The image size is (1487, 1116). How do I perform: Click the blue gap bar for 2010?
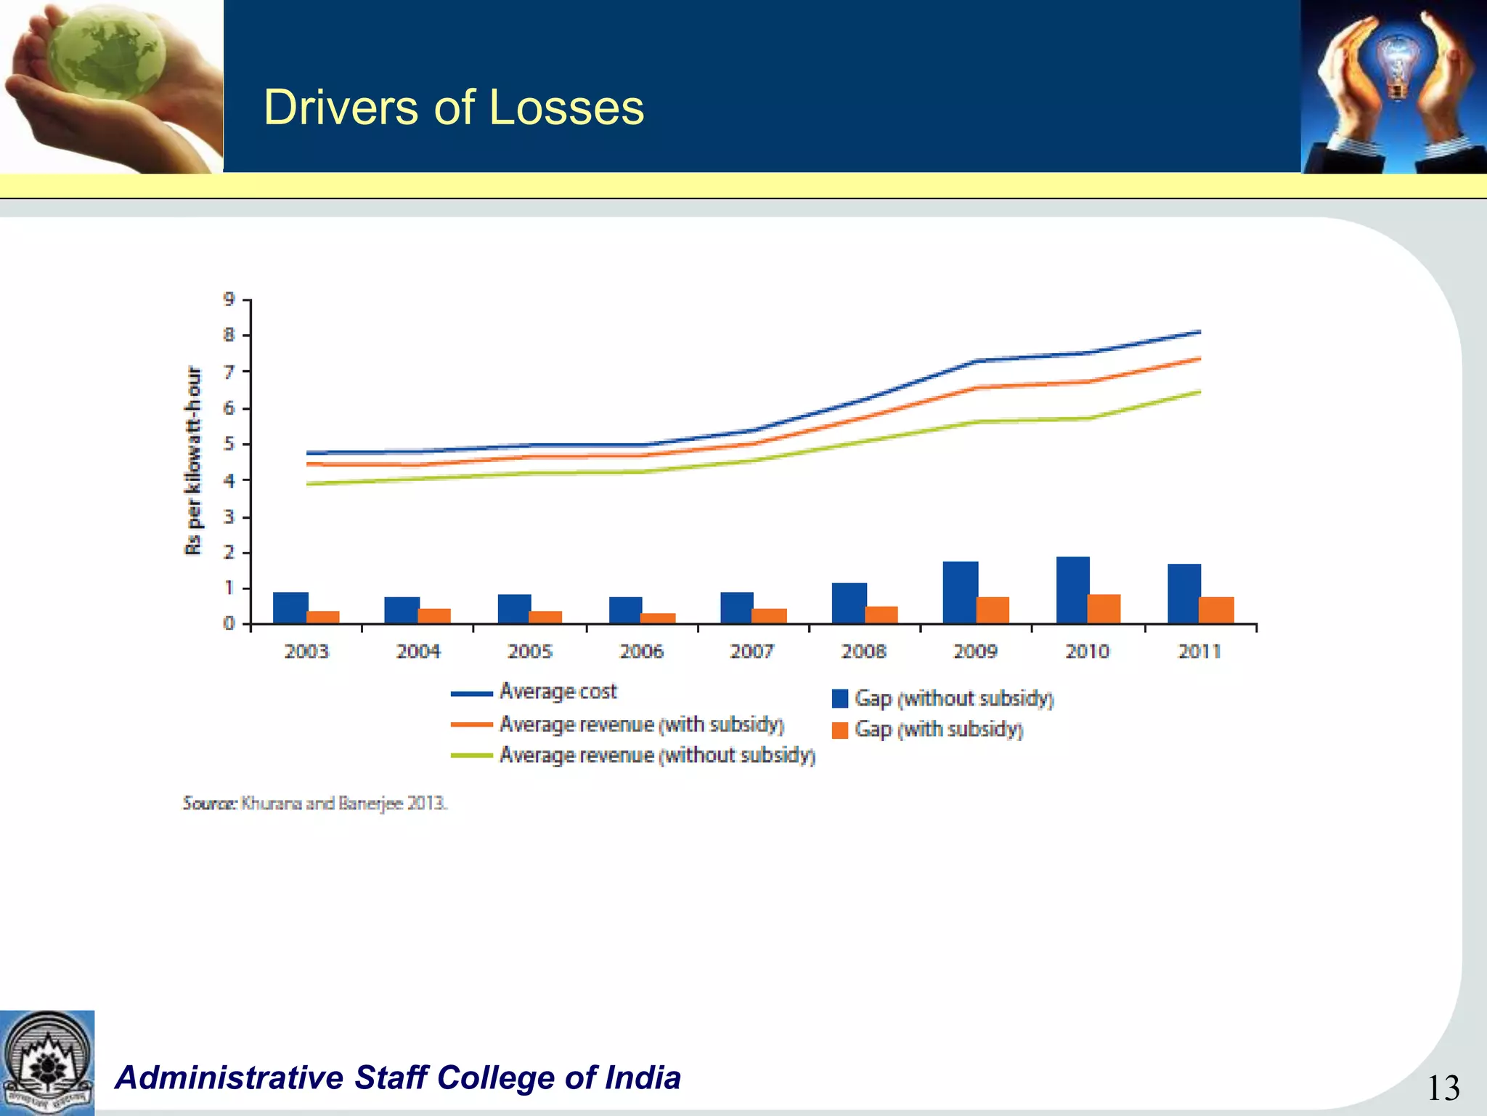pos(1072,590)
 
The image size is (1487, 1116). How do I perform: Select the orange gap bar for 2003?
pos(323,617)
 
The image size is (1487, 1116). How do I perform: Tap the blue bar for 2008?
pos(849,603)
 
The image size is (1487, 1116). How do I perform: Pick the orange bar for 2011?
pos(1216,610)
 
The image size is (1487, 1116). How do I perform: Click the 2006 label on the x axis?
pos(641,651)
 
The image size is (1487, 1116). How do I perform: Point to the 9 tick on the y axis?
pos(229,299)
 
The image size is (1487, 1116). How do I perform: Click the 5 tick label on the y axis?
pos(229,444)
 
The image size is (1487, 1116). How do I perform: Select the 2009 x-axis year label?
pos(975,651)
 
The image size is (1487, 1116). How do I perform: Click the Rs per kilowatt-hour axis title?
pos(193,461)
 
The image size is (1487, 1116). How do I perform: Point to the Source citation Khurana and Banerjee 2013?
pos(315,803)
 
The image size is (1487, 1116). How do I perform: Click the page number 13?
pos(1443,1088)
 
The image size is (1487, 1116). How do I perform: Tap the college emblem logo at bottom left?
pos(47,1062)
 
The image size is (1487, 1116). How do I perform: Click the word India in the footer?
pos(643,1077)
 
